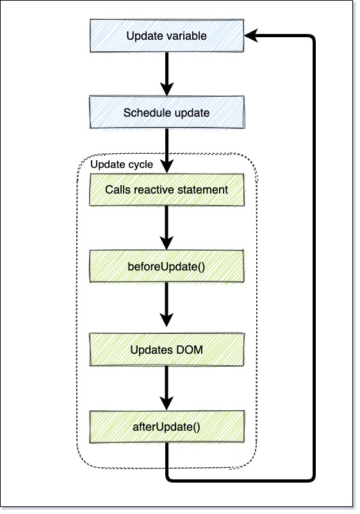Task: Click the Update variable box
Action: point(167,36)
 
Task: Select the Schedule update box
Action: point(167,112)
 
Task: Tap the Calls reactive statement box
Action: point(167,190)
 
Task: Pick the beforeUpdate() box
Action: point(167,266)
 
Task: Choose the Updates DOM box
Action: point(167,349)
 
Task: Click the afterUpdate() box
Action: point(167,427)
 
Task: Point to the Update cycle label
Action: point(122,165)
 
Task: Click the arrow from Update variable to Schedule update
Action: point(167,74)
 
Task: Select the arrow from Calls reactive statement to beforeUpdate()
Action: point(167,228)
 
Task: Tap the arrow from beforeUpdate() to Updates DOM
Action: point(167,304)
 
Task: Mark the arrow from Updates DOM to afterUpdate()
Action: point(167,388)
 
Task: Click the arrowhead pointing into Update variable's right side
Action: point(251,36)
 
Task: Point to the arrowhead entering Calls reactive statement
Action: point(167,167)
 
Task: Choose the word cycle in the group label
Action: point(140,165)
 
